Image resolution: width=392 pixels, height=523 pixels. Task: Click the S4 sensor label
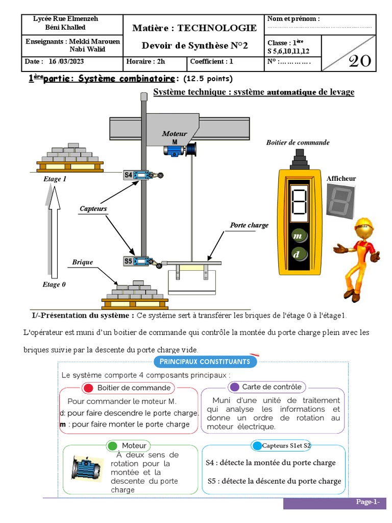pyautogui.click(x=128, y=175)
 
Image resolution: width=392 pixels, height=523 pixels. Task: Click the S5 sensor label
pyautogui.click(x=128, y=261)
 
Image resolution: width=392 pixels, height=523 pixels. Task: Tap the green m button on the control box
pyautogui.click(x=298, y=236)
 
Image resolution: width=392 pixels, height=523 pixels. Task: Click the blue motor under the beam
pyautogui.click(x=174, y=149)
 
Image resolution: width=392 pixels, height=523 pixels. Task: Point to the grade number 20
pyautogui.click(x=359, y=61)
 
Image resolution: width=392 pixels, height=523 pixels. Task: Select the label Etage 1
pyautogui.click(x=55, y=179)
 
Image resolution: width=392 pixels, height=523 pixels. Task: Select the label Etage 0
pyautogui.click(x=54, y=284)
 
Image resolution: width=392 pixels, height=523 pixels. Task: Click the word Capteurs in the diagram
pyautogui.click(x=93, y=208)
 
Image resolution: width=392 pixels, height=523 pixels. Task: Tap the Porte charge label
pyautogui.click(x=249, y=225)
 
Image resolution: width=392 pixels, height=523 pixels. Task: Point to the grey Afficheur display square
pyautogui.click(x=340, y=199)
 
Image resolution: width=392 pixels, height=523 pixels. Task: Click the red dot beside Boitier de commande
pyautogui.click(x=88, y=388)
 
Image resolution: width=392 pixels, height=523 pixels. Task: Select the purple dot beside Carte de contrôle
pyautogui.click(x=234, y=387)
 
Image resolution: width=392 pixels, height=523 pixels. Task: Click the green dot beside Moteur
pyautogui.click(x=113, y=446)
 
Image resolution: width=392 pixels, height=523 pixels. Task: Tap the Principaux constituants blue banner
pyautogui.click(x=205, y=362)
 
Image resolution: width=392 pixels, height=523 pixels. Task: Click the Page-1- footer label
pyautogui.click(x=367, y=502)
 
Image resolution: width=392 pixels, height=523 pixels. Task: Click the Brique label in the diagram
pyautogui.click(x=82, y=262)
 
